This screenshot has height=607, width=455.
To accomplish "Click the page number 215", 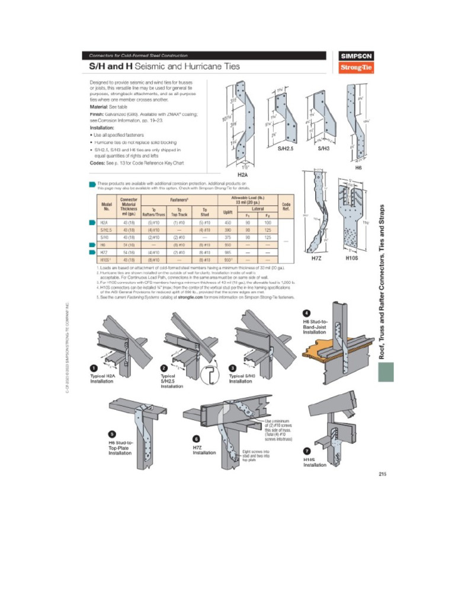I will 382,473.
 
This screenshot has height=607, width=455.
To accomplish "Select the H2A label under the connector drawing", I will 242,174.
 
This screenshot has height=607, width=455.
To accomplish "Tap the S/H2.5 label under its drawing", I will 289,149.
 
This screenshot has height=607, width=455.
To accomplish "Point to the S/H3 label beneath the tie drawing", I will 323,149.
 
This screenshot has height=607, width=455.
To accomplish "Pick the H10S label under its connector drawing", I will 352,258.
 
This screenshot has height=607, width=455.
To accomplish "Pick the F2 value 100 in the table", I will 267,222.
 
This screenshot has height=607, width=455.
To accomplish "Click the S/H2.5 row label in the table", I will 106,229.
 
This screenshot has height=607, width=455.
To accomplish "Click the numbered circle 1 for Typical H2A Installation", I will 93,369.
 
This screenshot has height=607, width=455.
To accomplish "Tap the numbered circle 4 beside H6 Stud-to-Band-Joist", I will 306,313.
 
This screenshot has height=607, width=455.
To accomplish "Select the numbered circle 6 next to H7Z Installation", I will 196,439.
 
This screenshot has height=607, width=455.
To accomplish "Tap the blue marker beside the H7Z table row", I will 91,252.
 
